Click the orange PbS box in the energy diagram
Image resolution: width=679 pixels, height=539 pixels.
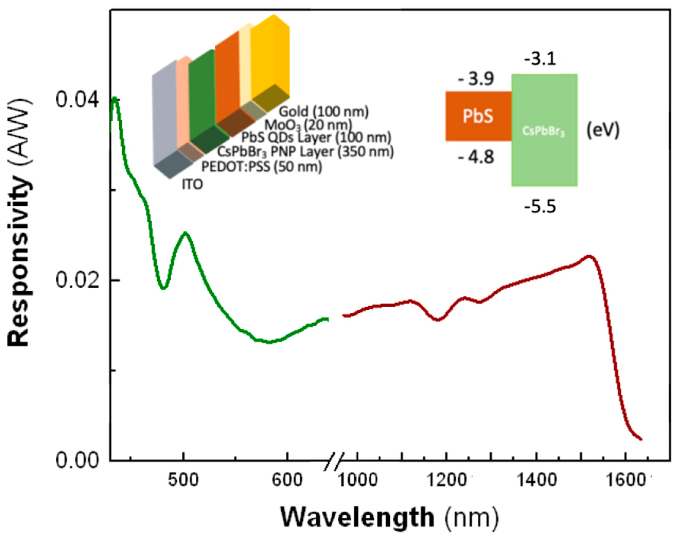point(478,116)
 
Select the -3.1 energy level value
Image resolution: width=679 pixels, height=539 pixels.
point(540,59)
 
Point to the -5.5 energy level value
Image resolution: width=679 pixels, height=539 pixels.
point(540,207)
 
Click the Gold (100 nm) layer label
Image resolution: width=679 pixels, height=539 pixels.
point(323,112)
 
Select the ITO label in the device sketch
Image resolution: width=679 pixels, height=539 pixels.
point(192,184)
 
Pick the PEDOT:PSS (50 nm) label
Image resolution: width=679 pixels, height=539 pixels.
point(262,167)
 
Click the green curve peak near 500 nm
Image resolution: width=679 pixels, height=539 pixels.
point(185,233)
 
